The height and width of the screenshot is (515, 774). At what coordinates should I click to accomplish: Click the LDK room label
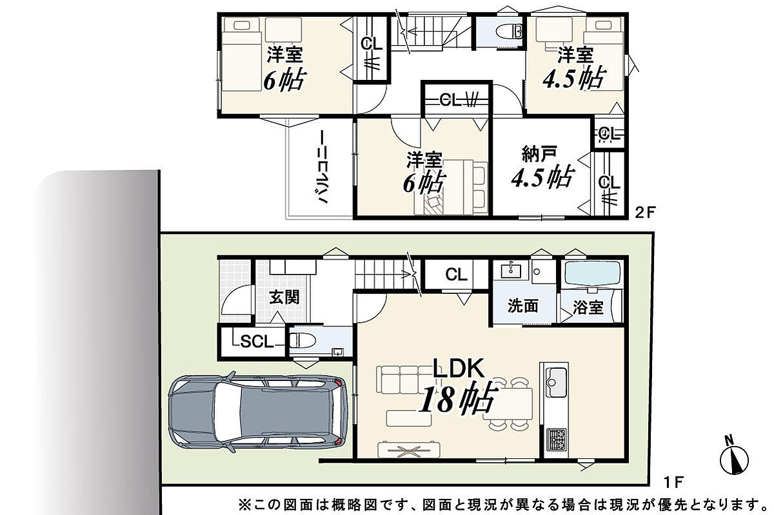click(x=459, y=368)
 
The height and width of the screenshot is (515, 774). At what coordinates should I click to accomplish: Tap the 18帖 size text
click(x=458, y=400)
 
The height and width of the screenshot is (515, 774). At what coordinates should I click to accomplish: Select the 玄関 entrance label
click(x=284, y=297)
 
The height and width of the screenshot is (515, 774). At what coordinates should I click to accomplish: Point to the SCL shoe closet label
click(x=257, y=342)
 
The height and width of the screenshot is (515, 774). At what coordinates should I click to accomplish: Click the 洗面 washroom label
click(x=523, y=306)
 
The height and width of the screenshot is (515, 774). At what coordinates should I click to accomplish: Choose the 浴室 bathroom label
click(x=588, y=307)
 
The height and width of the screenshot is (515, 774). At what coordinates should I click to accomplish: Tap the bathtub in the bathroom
click(x=593, y=273)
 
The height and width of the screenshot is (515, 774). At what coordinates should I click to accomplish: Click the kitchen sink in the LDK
click(x=556, y=383)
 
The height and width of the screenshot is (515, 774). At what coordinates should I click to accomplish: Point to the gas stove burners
click(x=556, y=439)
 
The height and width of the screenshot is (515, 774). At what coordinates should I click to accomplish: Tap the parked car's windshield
click(x=227, y=412)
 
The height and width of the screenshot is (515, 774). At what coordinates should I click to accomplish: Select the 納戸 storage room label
click(x=539, y=154)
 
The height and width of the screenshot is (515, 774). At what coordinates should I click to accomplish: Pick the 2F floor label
click(x=645, y=212)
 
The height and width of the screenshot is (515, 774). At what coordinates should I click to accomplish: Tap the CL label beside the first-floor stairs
click(x=457, y=275)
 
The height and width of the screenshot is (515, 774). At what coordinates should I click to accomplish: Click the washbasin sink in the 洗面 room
click(x=511, y=270)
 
